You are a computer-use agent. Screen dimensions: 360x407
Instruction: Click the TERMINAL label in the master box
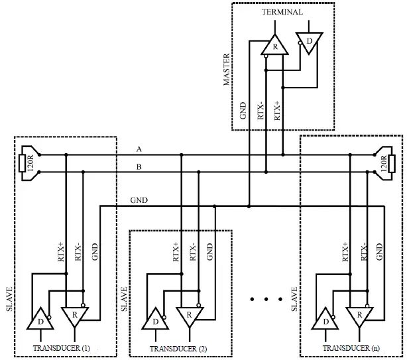pyautogui.click(x=282, y=12)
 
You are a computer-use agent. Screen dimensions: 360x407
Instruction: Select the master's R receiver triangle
pyautogui.click(x=275, y=46)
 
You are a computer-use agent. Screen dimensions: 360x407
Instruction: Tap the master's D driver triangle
pyautogui.click(x=309, y=40)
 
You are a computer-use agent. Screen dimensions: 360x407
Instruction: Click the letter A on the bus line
pyautogui.click(x=139, y=149)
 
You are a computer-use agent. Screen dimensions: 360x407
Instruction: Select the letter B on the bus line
pyautogui.click(x=139, y=167)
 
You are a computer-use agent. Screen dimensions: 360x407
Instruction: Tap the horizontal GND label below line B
pyautogui.click(x=139, y=199)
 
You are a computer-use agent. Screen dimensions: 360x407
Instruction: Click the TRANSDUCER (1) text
pyautogui.click(x=62, y=347)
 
